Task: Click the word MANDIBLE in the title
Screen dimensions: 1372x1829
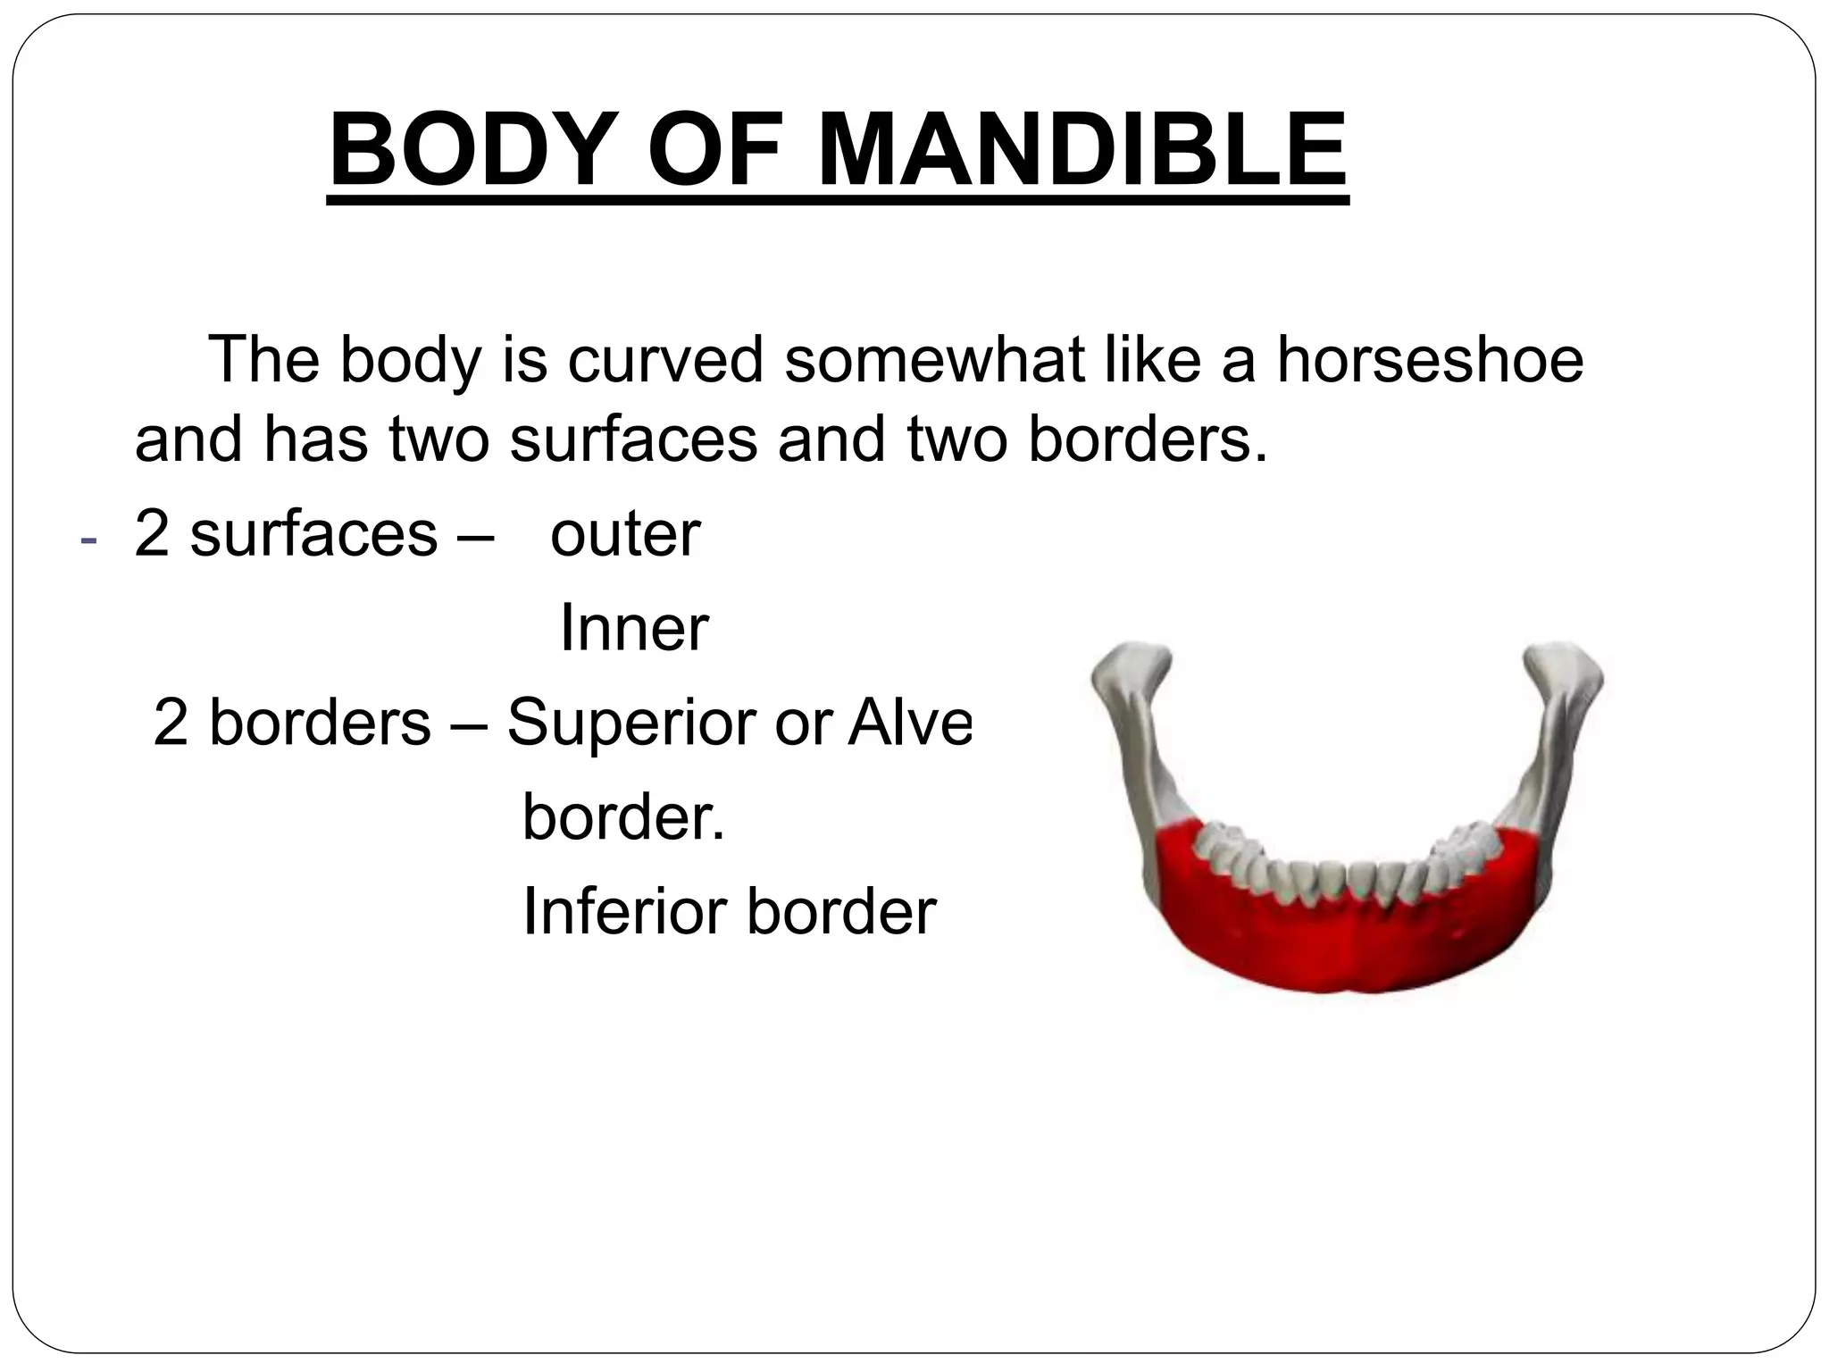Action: tap(1082, 149)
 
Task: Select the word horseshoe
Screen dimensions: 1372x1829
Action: tap(1430, 360)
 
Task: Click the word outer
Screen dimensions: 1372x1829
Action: tap(625, 534)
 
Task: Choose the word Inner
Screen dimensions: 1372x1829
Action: tap(633, 628)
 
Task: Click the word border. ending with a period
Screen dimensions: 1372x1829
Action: tap(622, 816)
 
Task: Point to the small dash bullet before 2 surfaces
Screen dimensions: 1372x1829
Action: tap(87, 541)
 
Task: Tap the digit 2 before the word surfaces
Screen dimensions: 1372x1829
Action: tap(151, 534)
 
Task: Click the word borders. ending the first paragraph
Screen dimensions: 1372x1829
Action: tap(1147, 439)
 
